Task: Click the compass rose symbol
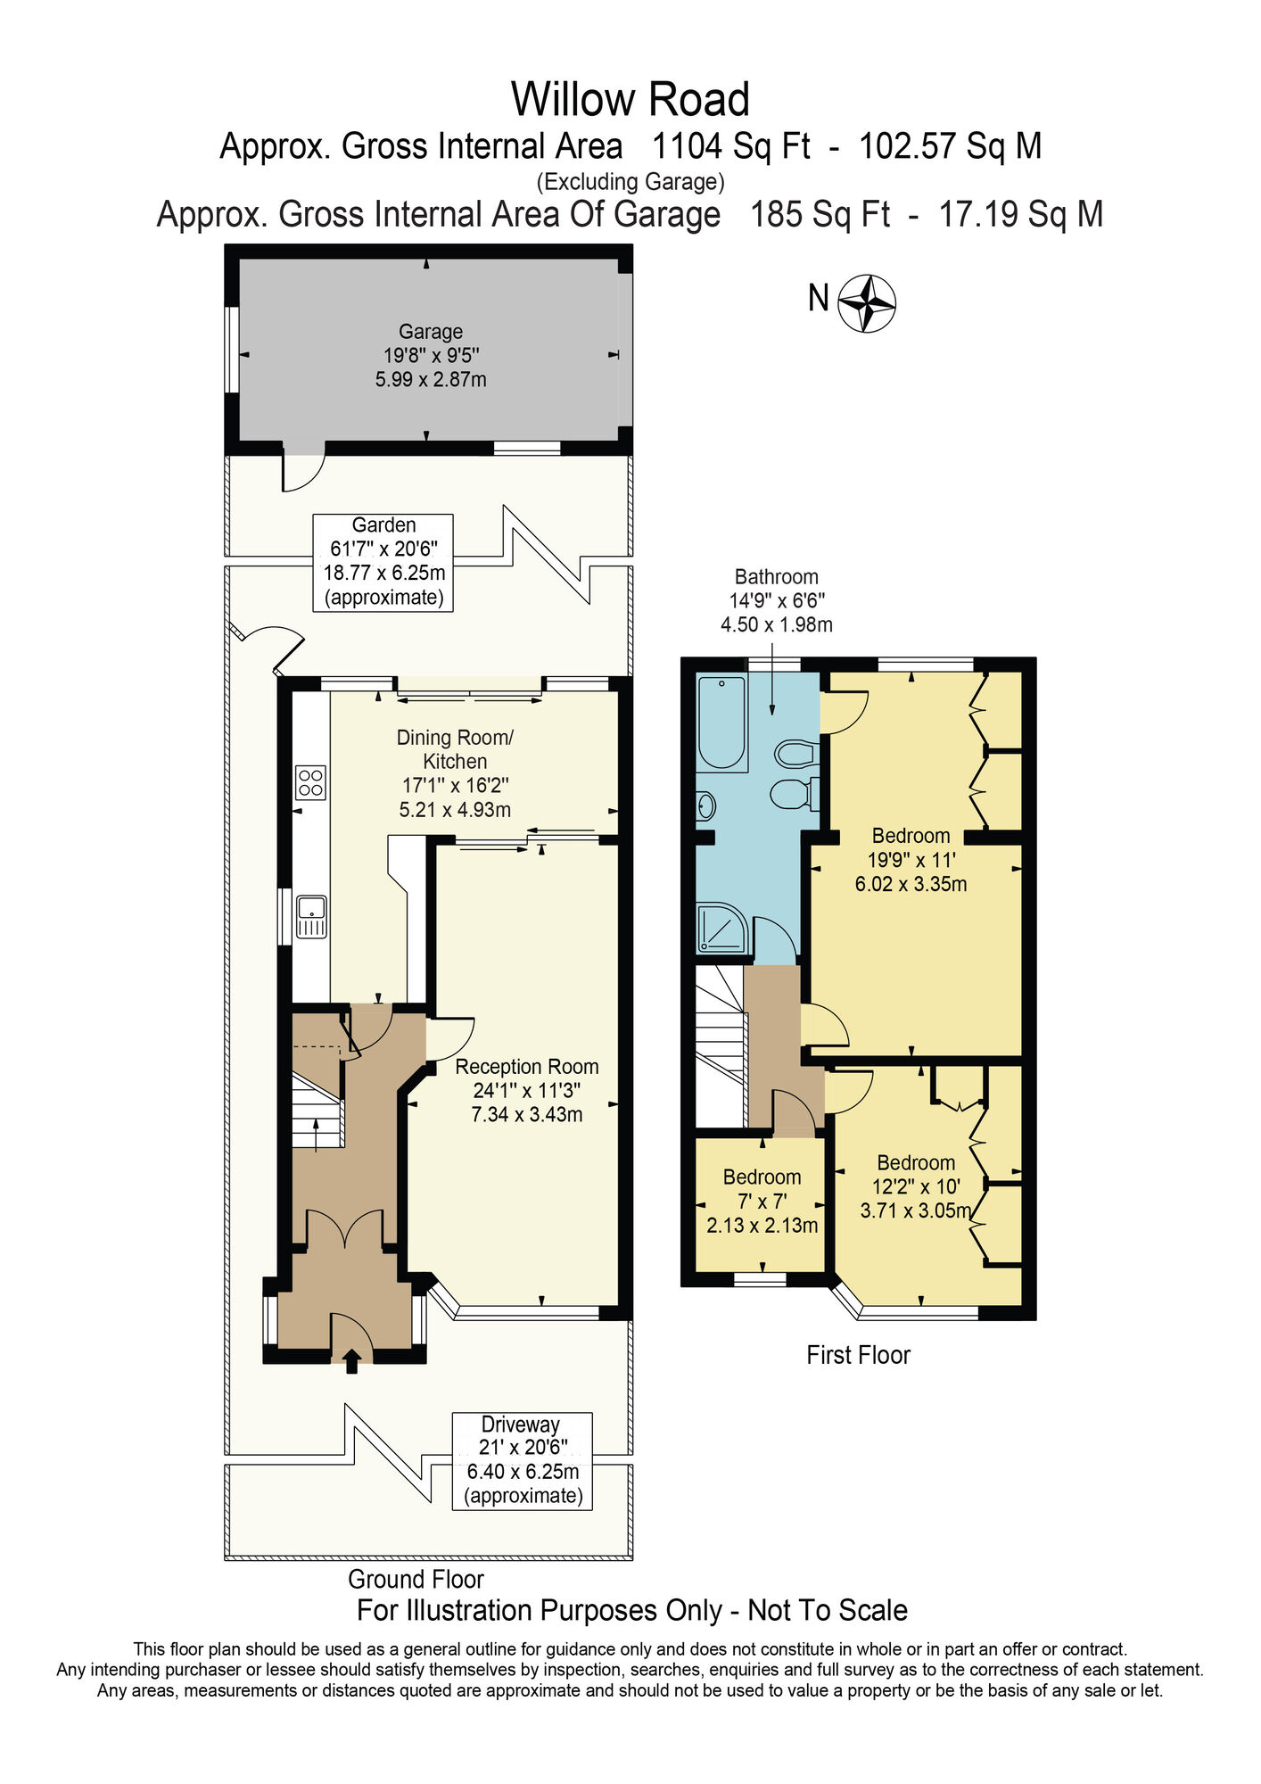point(867,303)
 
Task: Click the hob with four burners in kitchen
point(310,783)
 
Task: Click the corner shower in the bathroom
point(721,929)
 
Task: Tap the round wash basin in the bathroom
point(705,807)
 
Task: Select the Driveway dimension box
point(522,1460)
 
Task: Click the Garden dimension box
point(383,562)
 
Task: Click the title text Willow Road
point(630,99)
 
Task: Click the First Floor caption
point(858,1355)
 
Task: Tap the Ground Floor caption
point(416,1579)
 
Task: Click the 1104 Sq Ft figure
point(730,145)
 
